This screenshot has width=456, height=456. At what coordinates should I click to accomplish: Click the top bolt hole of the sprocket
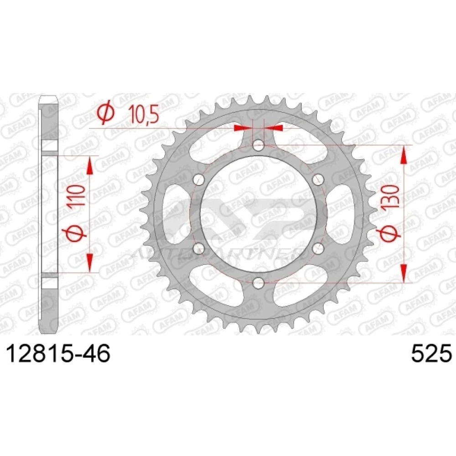coord(258,145)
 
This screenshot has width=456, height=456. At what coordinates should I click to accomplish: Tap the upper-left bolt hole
coord(199,179)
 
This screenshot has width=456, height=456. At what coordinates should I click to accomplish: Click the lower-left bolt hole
coord(199,248)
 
